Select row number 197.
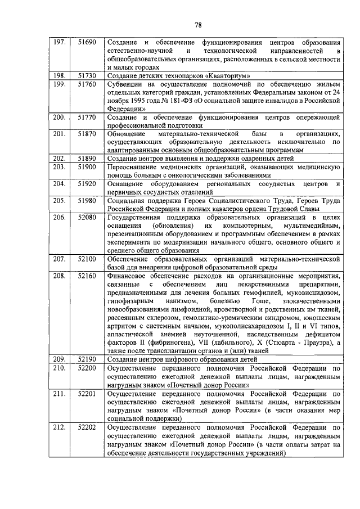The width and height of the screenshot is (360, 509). [58, 42]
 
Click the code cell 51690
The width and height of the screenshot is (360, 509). [87, 42]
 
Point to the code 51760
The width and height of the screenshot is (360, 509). [87, 84]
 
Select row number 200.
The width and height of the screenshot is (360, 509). [58, 117]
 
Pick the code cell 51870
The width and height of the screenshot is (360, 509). [87, 134]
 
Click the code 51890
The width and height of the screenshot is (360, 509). [87, 159]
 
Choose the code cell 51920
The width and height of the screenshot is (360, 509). [87, 183]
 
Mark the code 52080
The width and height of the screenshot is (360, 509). [87, 217]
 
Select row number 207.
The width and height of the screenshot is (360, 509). [58, 258]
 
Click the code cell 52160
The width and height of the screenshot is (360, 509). [87, 275]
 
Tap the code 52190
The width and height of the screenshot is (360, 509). [87, 358]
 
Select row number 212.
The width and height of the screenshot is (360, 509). [58, 427]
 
